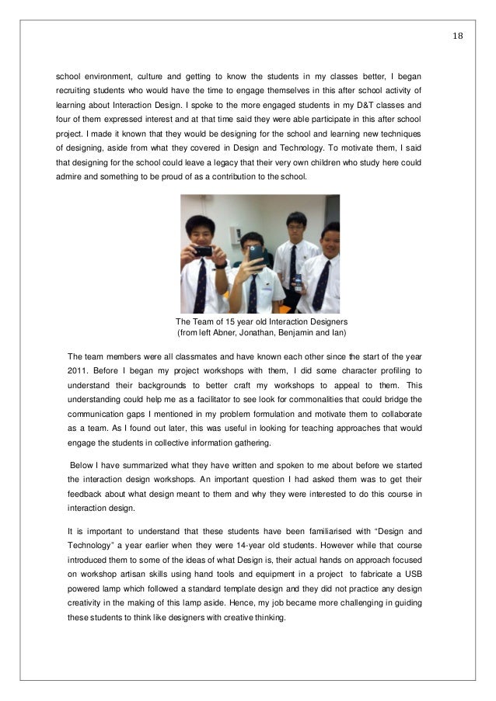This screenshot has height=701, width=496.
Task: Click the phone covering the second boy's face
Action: point(253,256)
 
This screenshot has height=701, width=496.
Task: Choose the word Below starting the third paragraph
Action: point(83,464)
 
